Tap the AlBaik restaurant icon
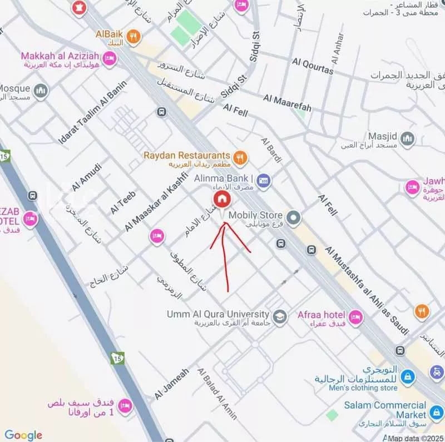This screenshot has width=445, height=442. [133, 37]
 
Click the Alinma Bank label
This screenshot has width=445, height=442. [224, 179]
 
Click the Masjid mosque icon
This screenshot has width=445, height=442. [407, 138]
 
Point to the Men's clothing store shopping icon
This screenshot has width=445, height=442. [408, 378]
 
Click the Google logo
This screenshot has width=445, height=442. [23, 435]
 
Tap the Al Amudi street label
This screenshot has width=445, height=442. [86, 177]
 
